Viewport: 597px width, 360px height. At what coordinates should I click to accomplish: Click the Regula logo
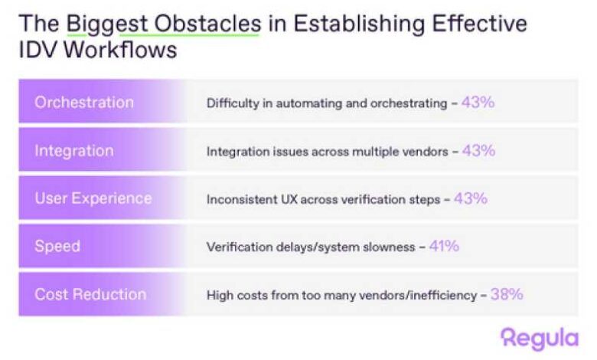tap(540, 339)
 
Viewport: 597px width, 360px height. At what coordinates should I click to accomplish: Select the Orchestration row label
tap(84, 103)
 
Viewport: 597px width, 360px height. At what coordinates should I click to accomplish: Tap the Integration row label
tap(74, 151)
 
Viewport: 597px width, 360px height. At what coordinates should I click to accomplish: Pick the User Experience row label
tap(93, 198)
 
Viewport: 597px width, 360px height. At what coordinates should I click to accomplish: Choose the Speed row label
tap(57, 247)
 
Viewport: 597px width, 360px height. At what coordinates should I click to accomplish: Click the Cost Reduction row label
tap(90, 294)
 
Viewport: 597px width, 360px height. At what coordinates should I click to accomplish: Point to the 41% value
tap(444, 246)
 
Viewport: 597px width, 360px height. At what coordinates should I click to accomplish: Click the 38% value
tap(507, 294)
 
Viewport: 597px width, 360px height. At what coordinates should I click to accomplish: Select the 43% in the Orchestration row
tap(478, 102)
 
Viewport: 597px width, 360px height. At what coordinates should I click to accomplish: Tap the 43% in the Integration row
tap(478, 150)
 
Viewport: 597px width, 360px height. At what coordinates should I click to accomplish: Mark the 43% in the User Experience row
tap(471, 198)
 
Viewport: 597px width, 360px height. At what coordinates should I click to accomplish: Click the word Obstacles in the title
tap(208, 24)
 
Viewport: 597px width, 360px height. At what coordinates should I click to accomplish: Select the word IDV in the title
tap(38, 50)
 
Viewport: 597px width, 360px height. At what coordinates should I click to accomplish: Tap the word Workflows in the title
tap(120, 50)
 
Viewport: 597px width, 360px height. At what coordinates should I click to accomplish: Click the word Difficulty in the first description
tap(233, 103)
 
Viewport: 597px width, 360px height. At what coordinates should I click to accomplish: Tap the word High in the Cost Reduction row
tap(220, 295)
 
